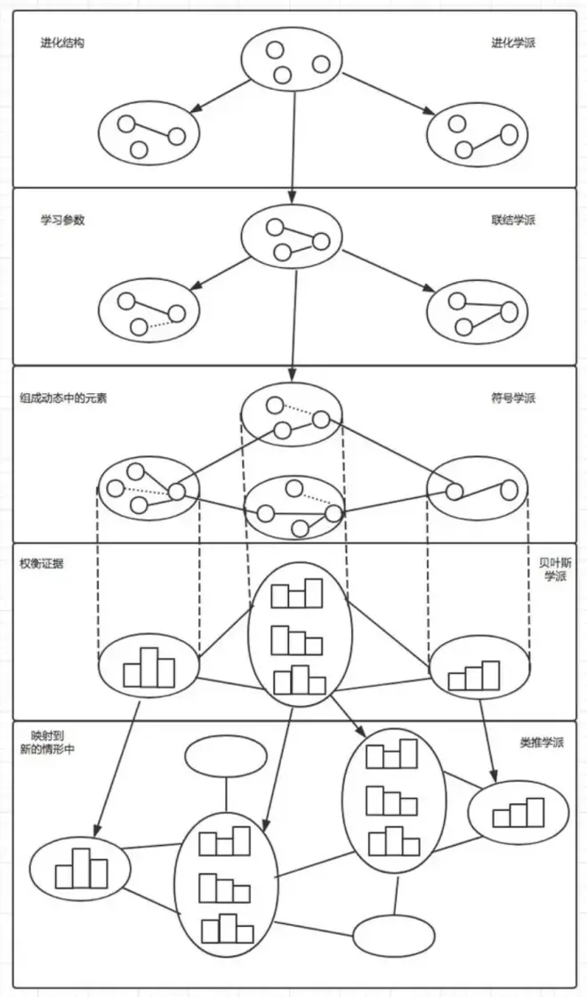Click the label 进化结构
point(61,44)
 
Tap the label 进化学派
point(513,44)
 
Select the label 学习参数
point(61,220)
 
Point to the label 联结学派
point(513,220)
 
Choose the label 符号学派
point(513,398)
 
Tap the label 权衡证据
point(41,564)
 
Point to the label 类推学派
point(542,742)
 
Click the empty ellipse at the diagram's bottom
point(394,936)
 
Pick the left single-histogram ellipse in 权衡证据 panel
point(149,666)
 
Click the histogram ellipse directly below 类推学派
point(518,812)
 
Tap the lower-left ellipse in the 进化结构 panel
point(149,133)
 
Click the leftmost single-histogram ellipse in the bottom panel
point(80,868)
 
